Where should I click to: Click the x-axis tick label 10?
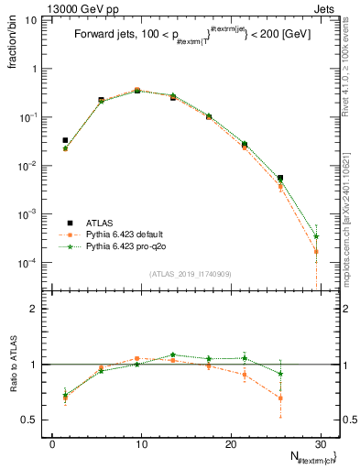point(140,443)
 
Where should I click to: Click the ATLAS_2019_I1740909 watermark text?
point(189,274)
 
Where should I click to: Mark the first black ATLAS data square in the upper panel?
point(65,140)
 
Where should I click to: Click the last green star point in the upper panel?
point(316,236)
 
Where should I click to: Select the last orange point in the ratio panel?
point(280,398)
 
